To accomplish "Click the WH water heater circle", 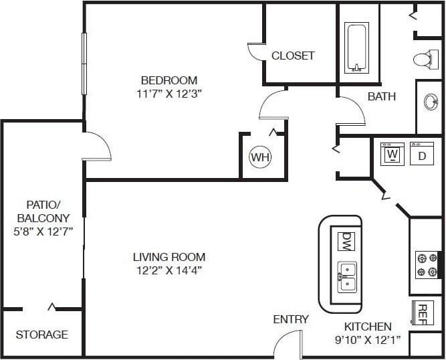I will pyautogui.click(x=259, y=158).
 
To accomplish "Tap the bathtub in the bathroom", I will pyautogui.click(x=356, y=48).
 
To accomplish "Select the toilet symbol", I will pyautogui.click(x=423, y=59).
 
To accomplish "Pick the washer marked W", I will pyautogui.click(x=393, y=155).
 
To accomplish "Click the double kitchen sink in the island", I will pyautogui.click(x=346, y=276).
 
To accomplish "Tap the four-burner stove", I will pyautogui.click(x=427, y=264).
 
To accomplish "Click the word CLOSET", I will pyautogui.click(x=293, y=56).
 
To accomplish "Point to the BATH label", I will pyautogui.click(x=382, y=96).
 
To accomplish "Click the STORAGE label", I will pyautogui.click(x=41, y=334).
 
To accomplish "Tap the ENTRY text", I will pyautogui.click(x=291, y=319).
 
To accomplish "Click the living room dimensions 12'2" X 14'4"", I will pyautogui.click(x=169, y=270).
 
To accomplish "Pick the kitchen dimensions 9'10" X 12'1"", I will pyautogui.click(x=368, y=340).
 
